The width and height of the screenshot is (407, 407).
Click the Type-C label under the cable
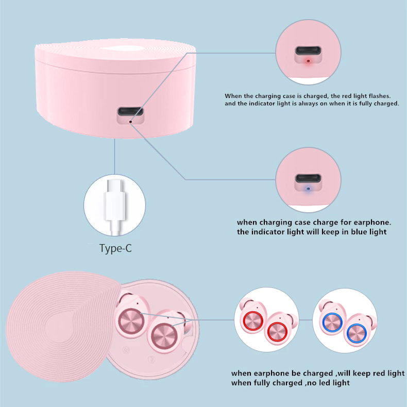tap(115, 248)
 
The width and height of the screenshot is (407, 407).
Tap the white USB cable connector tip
tap(115, 185)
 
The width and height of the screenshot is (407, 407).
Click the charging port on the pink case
tap(130, 112)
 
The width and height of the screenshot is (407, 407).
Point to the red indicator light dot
tap(308, 61)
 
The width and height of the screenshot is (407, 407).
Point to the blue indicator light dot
tap(308, 189)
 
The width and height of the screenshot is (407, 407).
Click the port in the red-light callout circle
tap(308, 50)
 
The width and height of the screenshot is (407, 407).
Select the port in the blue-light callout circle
tap(308, 178)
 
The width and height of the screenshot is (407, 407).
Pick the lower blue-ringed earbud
tap(358, 331)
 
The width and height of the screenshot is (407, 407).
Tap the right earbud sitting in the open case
tap(164, 334)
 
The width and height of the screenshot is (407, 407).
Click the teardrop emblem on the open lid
tap(63, 328)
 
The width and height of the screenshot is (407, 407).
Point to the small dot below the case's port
tap(130, 122)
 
